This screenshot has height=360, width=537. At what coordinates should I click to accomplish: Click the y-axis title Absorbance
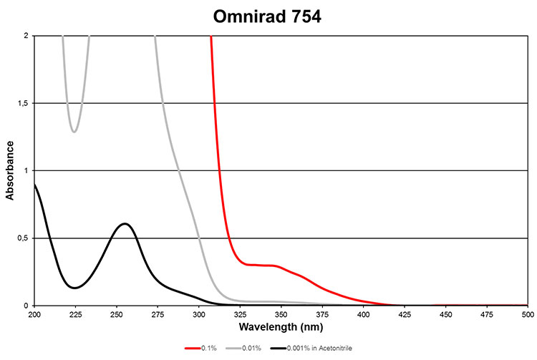(x=10, y=171)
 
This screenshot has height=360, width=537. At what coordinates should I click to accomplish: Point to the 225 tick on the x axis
(x=74, y=314)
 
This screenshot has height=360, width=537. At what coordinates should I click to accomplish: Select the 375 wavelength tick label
(x=322, y=314)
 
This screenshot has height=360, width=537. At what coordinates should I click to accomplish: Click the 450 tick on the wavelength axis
(x=445, y=314)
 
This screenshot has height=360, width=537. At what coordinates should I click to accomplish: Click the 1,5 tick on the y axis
(x=24, y=104)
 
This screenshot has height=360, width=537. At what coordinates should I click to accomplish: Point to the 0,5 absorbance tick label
(x=24, y=238)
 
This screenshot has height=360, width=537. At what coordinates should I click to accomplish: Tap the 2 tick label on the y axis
(x=27, y=36)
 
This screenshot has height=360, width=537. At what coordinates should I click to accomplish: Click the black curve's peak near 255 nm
(x=125, y=224)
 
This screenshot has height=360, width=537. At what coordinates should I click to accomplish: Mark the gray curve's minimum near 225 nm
(x=74, y=132)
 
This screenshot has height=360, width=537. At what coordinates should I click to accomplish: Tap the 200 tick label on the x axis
(x=34, y=314)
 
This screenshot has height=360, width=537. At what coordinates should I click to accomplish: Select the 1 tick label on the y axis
(x=27, y=171)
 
